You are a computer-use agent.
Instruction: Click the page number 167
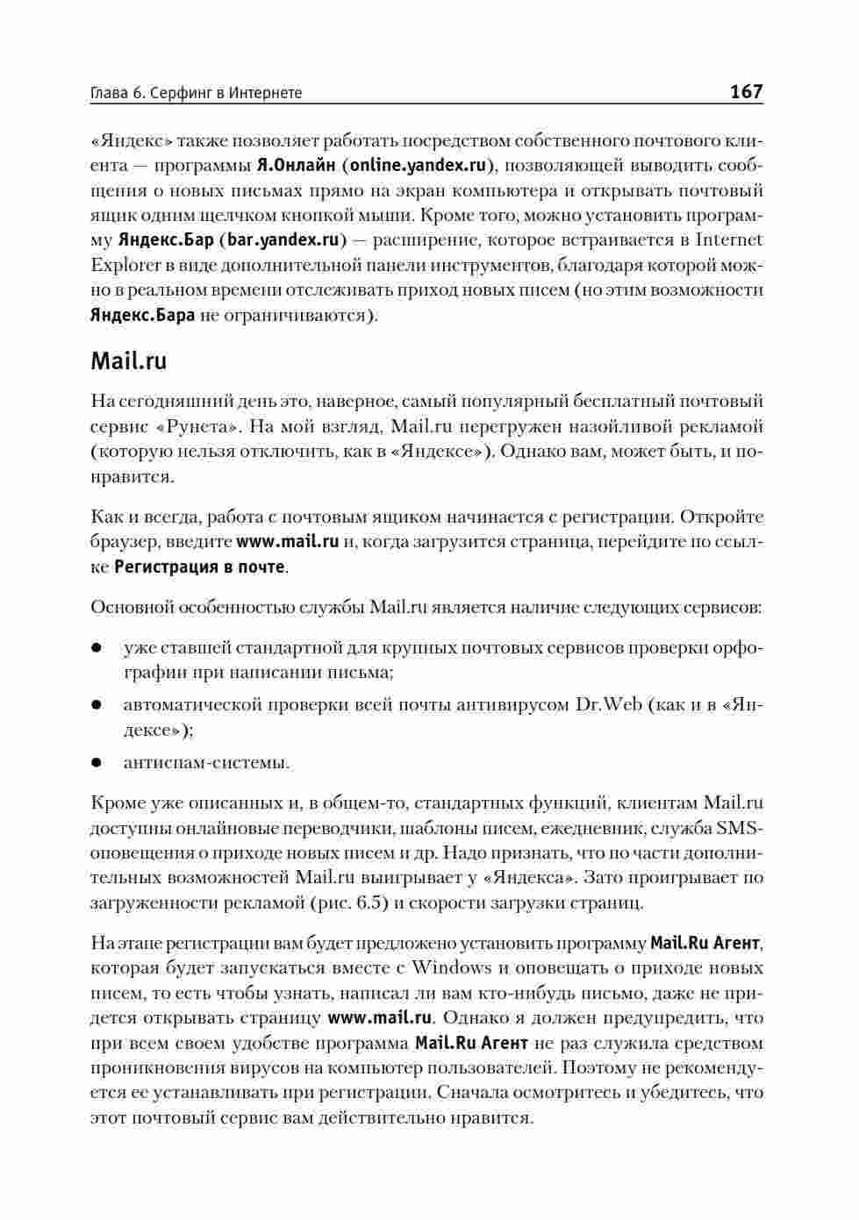[746, 91]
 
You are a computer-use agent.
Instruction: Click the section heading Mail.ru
[128, 360]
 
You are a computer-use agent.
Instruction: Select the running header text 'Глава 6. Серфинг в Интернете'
[196, 92]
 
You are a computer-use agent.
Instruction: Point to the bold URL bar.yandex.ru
[283, 239]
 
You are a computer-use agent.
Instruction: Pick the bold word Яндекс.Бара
[142, 315]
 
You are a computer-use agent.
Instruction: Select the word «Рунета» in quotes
[198, 427]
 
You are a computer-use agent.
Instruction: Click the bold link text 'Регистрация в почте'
[199, 567]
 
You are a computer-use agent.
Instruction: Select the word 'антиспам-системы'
[206, 763]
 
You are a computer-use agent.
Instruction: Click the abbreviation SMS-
[740, 828]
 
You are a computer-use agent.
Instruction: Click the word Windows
[451, 968]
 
